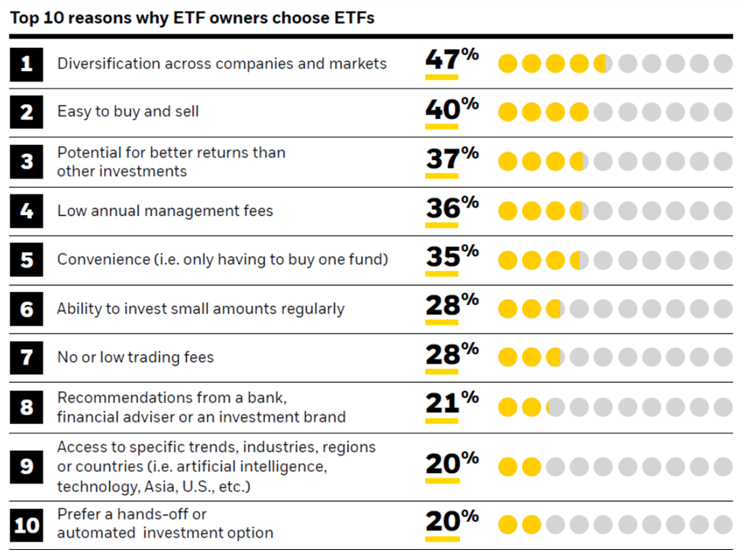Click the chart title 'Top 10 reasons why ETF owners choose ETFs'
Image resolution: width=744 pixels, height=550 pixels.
[192, 18]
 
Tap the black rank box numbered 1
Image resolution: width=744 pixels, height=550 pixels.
[27, 64]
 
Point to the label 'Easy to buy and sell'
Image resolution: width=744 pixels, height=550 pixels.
[127, 111]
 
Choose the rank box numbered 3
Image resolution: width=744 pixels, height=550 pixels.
[27, 162]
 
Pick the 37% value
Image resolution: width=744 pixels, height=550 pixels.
[451, 159]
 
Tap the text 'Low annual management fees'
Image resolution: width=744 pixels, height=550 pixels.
[165, 211]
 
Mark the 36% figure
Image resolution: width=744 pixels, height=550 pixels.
[451, 208]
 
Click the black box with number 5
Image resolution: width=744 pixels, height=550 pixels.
[27, 259]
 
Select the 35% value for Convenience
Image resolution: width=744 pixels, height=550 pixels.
[451, 257]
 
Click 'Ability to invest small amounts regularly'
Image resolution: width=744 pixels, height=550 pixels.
[201, 309]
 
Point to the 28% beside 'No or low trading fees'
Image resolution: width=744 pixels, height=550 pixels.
[451, 355]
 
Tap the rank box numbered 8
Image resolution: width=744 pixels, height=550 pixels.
[27, 407]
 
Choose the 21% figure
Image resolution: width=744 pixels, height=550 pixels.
[451, 404]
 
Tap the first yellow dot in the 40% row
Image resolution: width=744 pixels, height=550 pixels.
[508, 113]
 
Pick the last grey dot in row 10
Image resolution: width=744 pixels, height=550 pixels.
[723, 525]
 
